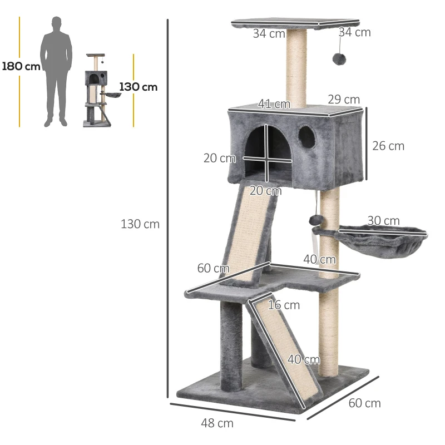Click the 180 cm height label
point(21,66)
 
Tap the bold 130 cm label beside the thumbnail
point(138,87)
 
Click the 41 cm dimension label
point(274,104)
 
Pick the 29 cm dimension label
point(343,99)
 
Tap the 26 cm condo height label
point(388,146)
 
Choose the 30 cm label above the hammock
point(383,221)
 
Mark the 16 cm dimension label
point(284,305)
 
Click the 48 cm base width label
point(217,423)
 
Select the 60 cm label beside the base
point(364,403)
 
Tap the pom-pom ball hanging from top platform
point(338,59)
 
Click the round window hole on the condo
point(306,136)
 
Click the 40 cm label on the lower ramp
point(303,359)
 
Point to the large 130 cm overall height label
point(140,224)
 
